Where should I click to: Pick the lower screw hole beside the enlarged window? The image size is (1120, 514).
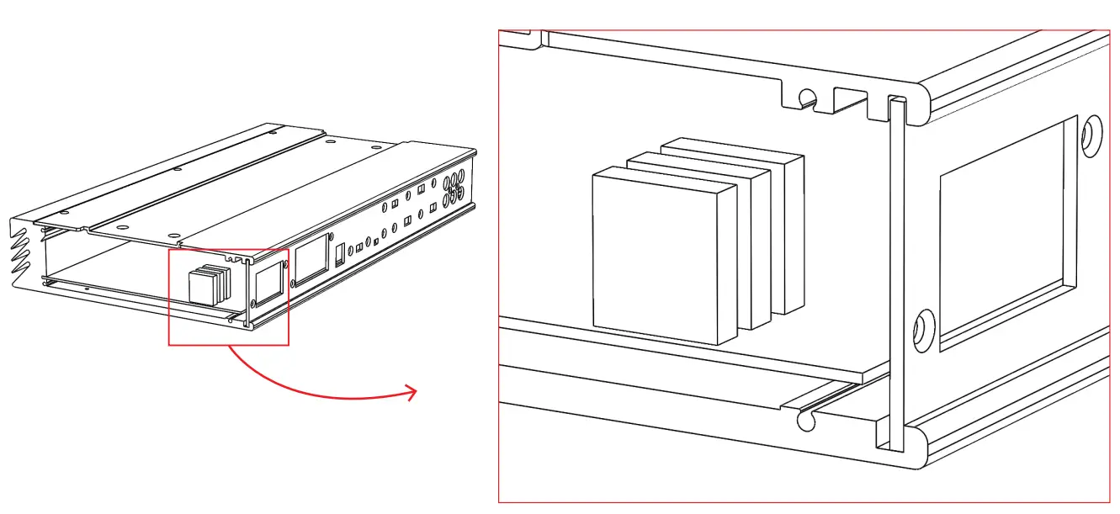[923, 329]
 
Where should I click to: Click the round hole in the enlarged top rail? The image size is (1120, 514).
[807, 98]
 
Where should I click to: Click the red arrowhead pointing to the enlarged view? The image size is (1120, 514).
[410, 392]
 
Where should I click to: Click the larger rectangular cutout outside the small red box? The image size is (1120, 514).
[311, 257]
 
